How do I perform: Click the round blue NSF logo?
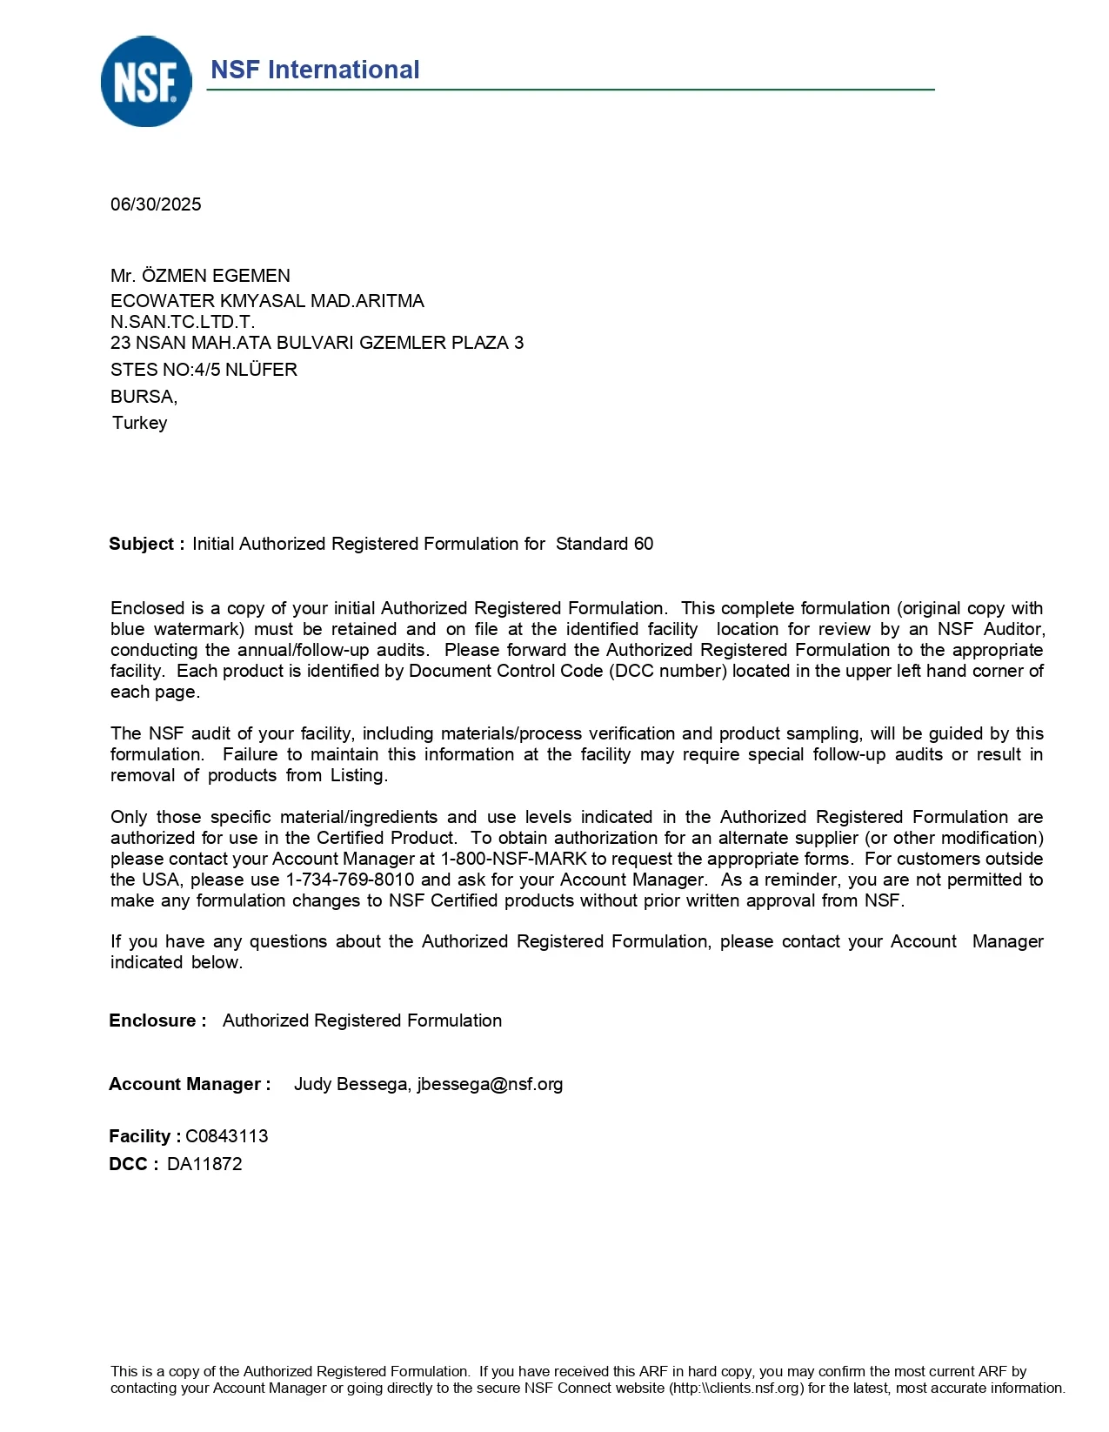[x=146, y=82]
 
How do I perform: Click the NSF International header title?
[x=315, y=70]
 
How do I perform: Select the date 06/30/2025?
[x=156, y=204]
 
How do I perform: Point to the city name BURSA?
[x=143, y=397]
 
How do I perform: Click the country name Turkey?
[x=139, y=423]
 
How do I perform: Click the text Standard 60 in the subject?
[x=605, y=544]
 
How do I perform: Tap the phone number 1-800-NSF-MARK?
[x=513, y=859]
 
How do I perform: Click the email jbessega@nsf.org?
[x=490, y=1084]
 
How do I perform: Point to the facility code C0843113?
[x=227, y=1136]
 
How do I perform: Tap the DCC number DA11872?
[x=204, y=1164]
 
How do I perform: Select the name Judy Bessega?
[x=351, y=1084]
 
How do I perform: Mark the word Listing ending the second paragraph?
[x=357, y=775]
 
